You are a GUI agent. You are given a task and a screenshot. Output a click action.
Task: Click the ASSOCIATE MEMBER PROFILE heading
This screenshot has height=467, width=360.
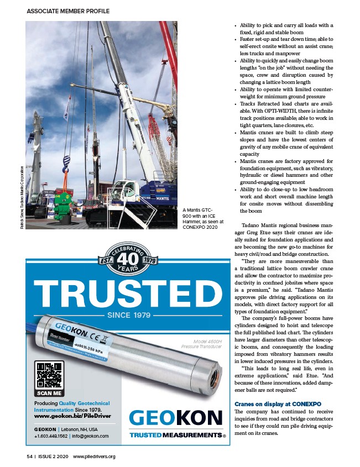68,11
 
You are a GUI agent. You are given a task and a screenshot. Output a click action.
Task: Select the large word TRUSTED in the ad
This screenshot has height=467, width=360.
124,293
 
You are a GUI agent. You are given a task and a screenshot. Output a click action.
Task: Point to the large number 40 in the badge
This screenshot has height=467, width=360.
124,259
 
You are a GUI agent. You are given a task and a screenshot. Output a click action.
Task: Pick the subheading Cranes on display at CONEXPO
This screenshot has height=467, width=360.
273,404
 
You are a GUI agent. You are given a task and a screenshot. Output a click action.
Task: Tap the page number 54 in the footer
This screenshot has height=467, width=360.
29,456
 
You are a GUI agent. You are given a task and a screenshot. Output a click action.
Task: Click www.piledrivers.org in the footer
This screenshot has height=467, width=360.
95,456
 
